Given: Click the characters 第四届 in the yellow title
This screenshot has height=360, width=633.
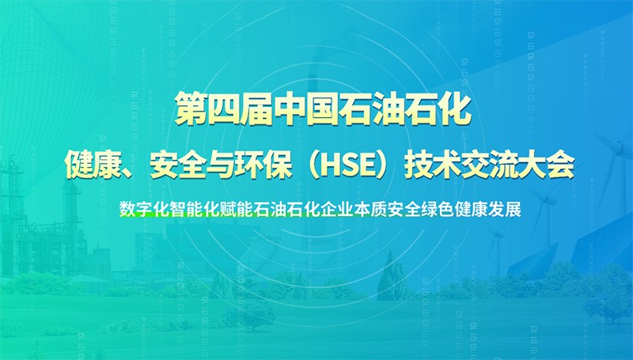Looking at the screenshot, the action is [224, 109].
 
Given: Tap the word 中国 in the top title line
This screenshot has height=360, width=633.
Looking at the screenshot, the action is [306, 109].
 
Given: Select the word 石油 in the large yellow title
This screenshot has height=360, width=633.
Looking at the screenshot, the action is [373, 109].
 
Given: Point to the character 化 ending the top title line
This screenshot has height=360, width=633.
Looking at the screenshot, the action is [456, 109].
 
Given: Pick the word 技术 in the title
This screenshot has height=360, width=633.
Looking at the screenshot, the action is [432, 165].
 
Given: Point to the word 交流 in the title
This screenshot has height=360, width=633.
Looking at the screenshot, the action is [488, 165].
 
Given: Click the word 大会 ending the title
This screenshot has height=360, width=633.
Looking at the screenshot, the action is [546, 165].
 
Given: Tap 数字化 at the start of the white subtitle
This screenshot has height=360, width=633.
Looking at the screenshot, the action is [144, 209].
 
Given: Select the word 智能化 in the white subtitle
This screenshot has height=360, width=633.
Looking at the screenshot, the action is [195, 209].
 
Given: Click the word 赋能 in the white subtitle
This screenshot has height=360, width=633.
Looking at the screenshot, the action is [237, 209].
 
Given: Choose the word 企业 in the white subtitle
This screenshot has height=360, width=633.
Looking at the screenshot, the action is [338, 209].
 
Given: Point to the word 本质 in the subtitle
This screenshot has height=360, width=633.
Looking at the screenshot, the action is [371, 209].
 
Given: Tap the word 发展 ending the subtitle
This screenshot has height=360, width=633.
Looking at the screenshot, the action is [505, 209].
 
